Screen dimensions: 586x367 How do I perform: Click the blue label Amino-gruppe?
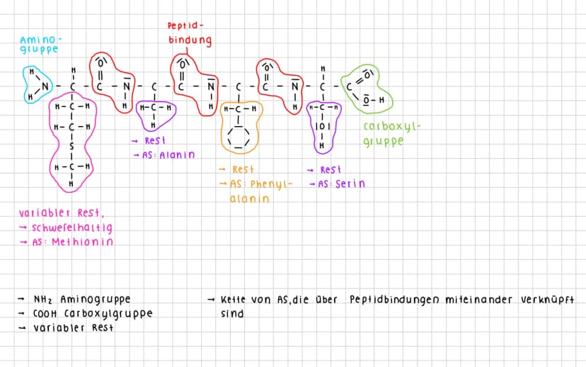click(x=40, y=45)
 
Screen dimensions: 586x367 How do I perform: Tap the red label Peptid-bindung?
click(x=190, y=33)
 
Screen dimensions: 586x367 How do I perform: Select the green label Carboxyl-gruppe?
click(x=391, y=134)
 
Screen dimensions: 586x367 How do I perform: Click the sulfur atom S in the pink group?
click(x=71, y=146)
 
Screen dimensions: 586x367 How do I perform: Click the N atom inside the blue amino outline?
click(x=45, y=86)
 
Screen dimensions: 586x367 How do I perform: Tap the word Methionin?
click(x=82, y=242)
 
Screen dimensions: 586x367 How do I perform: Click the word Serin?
click(x=350, y=183)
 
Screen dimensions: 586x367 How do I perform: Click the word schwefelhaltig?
click(x=71, y=228)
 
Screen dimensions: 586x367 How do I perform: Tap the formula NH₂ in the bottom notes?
click(x=43, y=299)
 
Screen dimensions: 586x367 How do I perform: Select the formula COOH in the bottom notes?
click(x=45, y=313)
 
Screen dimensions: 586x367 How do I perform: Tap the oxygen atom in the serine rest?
click(x=322, y=127)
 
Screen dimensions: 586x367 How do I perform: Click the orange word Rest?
click(x=243, y=169)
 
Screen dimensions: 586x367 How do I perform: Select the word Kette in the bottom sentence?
click(x=233, y=300)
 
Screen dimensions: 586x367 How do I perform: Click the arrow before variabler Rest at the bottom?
click(x=23, y=328)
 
